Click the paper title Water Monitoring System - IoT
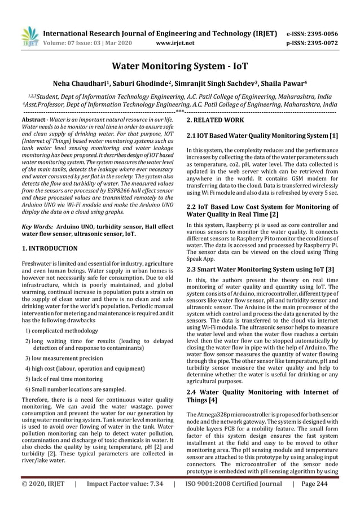[x=179, y=66]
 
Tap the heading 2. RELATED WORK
[x=215, y=120]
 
